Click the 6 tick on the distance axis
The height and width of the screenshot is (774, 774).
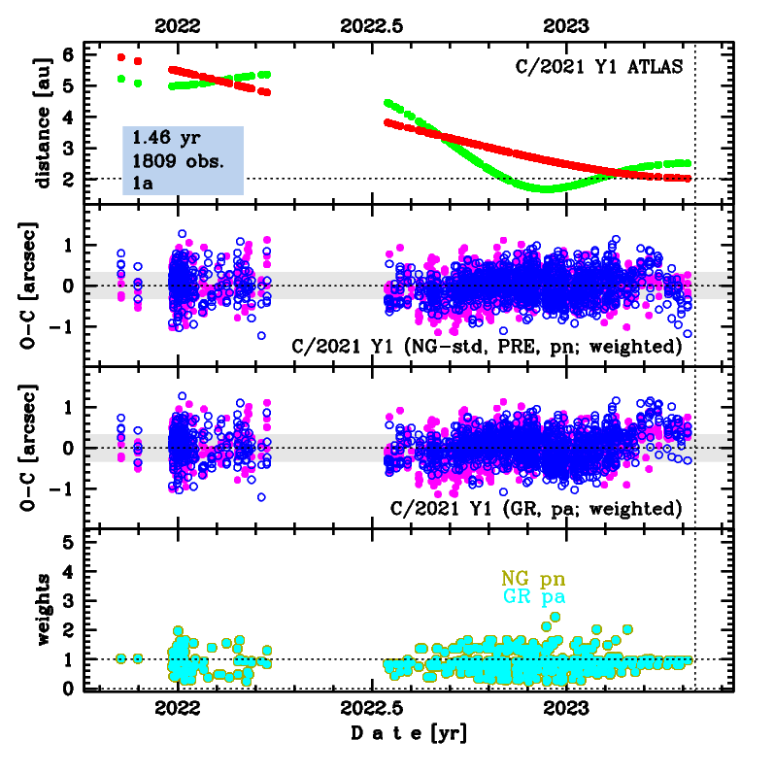[68, 54]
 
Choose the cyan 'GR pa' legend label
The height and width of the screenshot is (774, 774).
[533, 596]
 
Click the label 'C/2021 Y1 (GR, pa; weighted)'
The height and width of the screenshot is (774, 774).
[536, 508]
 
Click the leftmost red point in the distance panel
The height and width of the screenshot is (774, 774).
[121, 57]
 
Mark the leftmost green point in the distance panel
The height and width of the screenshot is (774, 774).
[121, 79]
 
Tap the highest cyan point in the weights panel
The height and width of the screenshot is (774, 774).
[555, 616]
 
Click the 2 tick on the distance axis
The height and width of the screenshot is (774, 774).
[68, 179]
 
